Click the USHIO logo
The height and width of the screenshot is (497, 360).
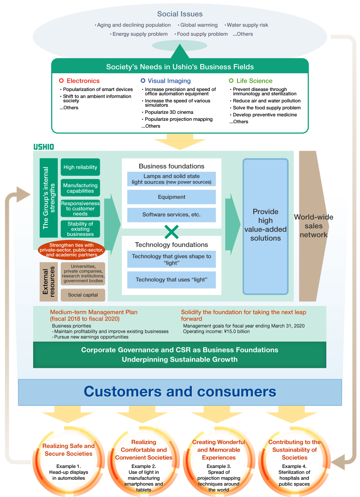click(43, 147)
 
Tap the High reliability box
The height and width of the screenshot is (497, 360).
click(80, 167)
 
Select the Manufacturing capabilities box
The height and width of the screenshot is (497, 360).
click(80, 188)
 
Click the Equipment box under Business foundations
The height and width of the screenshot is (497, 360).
click(172, 197)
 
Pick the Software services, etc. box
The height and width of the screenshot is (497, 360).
click(172, 215)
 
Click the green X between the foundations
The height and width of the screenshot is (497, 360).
click(172, 232)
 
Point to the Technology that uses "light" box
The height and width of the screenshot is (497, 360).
click(172, 280)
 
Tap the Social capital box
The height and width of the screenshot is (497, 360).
click(83, 295)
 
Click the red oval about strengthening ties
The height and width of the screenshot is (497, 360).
click(71, 250)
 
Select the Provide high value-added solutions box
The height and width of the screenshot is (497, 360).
click(265, 226)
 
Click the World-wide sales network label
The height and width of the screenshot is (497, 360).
click(314, 226)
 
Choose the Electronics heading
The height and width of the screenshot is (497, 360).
click(83, 81)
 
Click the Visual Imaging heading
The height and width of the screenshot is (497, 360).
click(169, 81)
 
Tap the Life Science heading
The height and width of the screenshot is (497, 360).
click(254, 81)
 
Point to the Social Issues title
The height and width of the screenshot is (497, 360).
click(180, 14)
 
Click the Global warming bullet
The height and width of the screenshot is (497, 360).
click(199, 25)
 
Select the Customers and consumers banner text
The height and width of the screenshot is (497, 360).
click(180, 392)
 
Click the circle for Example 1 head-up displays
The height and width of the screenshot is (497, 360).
click(68, 462)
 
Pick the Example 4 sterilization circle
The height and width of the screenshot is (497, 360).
click(294, 462)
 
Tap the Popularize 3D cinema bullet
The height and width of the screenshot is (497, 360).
click(169, 112)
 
